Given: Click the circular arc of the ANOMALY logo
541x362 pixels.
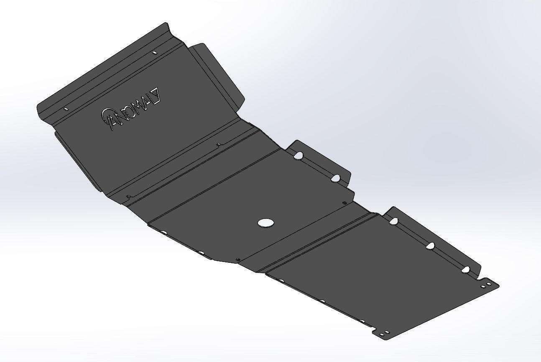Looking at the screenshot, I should [x=106, y=117].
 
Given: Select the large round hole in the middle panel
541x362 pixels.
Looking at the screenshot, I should [x=265, y=223].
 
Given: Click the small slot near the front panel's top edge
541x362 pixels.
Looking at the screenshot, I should [x=155, y=53].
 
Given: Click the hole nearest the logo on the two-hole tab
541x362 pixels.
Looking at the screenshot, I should [x=299, y=156].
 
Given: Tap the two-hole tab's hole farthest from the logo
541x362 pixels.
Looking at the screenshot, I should [x=335, y=179].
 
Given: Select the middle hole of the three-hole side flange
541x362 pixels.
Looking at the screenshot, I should [x=431, y=246].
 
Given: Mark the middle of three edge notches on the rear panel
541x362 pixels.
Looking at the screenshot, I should [x=322, y=300].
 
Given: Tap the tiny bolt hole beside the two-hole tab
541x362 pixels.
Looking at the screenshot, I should [x=345, y=203].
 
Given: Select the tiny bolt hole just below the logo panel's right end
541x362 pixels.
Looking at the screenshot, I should [x=219, y=145].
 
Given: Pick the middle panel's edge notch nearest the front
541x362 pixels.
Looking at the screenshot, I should [x=164, y=232].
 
